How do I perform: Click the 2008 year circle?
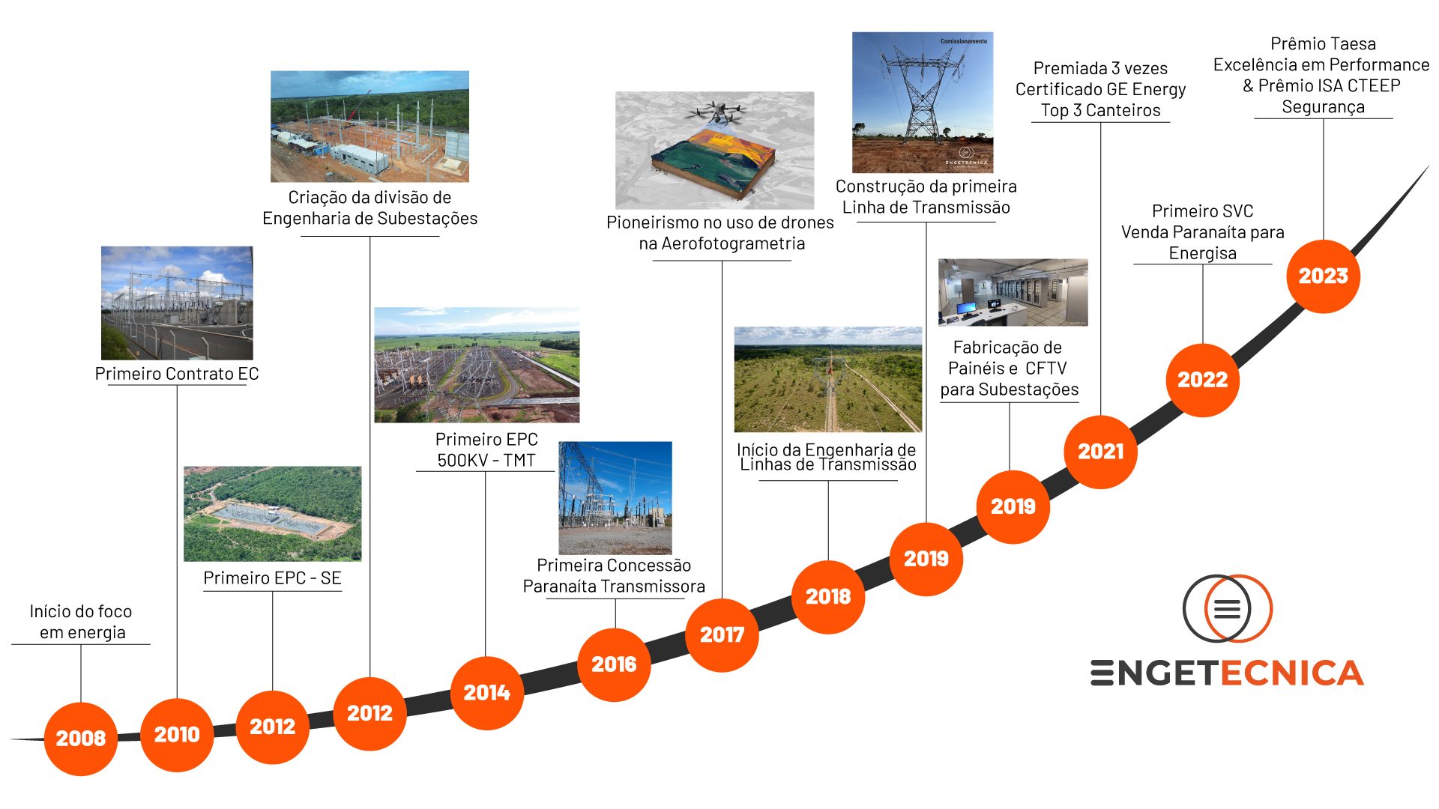[x=81, y=738]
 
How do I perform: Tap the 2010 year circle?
[x=177, y=734]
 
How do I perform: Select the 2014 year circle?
[x=486, y=692]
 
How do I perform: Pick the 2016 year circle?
[x=614, y=664]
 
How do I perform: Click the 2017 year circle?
[x=722, y=634]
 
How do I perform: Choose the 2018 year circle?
[x=828, y=596]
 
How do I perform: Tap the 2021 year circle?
[x=1100, y=451]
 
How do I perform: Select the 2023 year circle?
[x=1323, y=276]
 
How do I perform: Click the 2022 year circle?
[x=1202, y=379]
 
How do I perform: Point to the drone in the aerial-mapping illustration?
[x=717, y=113]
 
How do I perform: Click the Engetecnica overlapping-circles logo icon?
[x=1227, y=607]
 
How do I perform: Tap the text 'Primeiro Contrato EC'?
[x=177, y=374]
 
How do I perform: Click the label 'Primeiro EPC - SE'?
[x=272, y=578]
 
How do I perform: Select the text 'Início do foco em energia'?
[x=81, y=622]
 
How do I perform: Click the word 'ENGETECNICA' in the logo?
[x=1227, y=673]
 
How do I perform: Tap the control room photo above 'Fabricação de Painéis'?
[x=1013, y=292]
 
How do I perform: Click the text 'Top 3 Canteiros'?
[x=1100, y=110]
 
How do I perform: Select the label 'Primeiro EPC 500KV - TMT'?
[x=486, y=449]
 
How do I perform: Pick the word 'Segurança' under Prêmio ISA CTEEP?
[x=1323, y=106]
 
